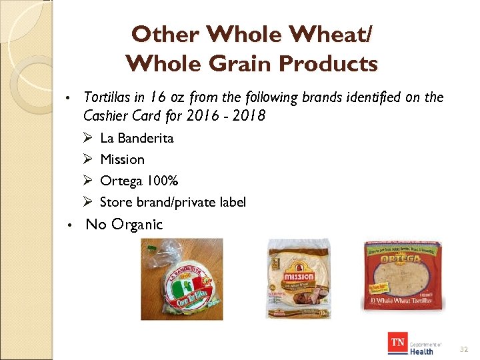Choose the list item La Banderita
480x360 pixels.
click(x=137, y=138)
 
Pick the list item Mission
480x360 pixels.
click(x=122, y=159)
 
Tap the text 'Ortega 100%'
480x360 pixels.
click(x=139, y=181)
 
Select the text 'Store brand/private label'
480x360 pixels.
click(x=173, y=202)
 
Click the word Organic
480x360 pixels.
click(x=137, y=225)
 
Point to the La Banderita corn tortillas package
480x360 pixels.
click(x=181, y=279)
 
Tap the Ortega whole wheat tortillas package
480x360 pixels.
click(x=400, y=275)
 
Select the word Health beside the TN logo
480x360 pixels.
click(x=421, y=351)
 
